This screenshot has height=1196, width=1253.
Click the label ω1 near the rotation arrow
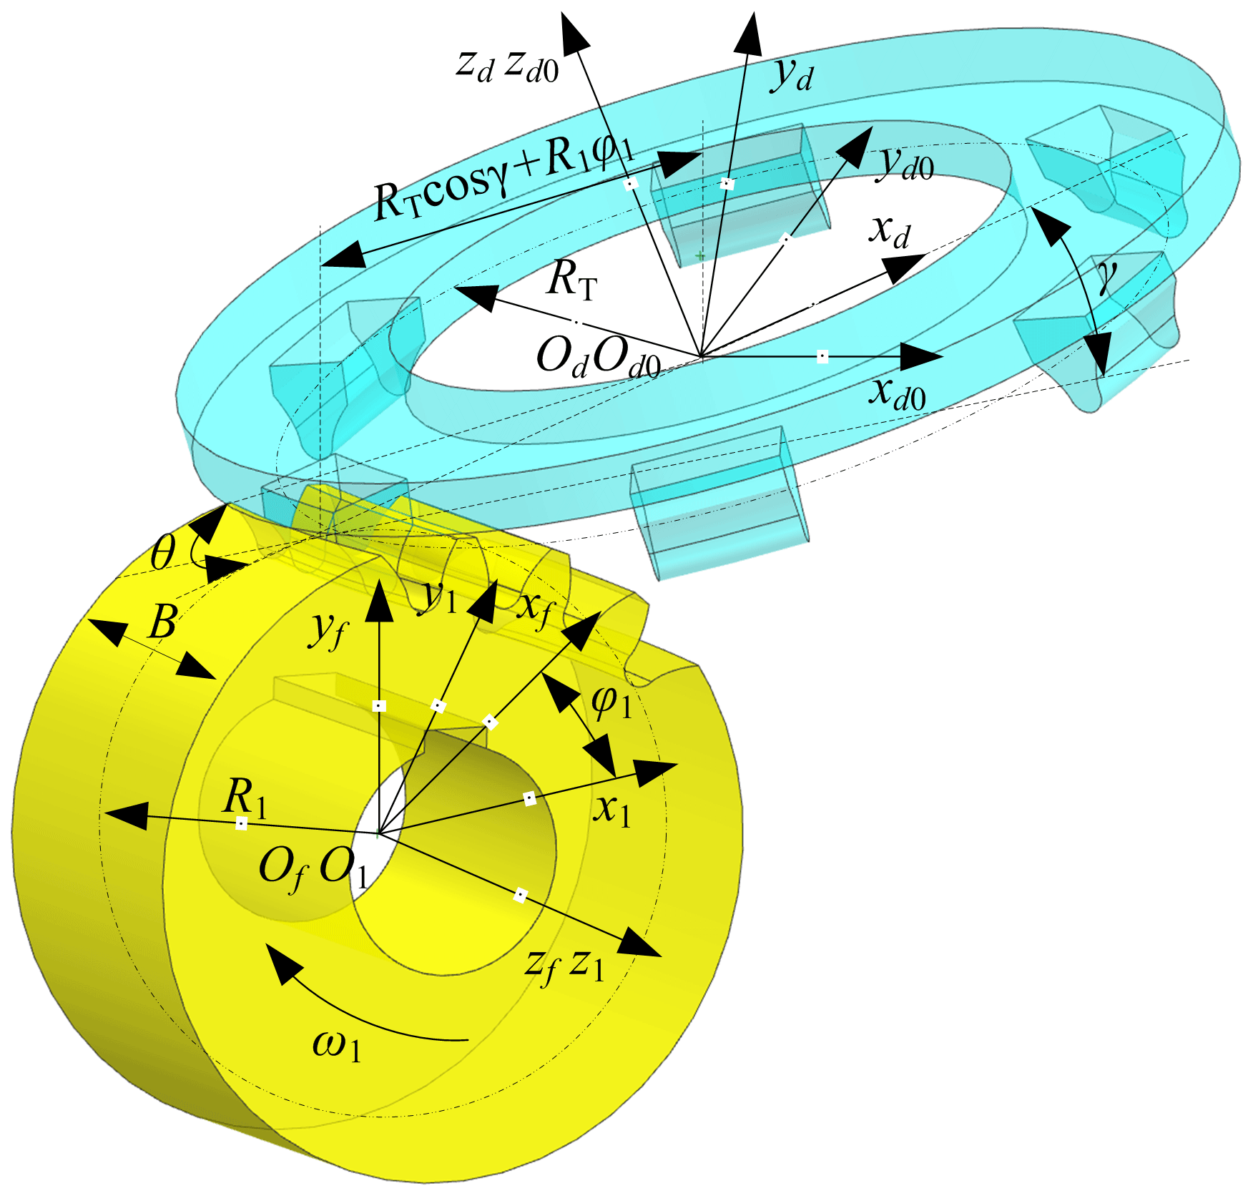pyautogui.click(x=337, y=1045)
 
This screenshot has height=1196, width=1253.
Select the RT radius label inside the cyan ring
pyautogui.click(x=571, y=280)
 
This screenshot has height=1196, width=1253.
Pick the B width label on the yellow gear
pyautogui.click(x=163, y=622)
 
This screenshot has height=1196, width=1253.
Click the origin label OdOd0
pyautogui.click(x=598, y=356)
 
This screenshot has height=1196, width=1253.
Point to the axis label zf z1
pyautogui.click(x=564, y=965)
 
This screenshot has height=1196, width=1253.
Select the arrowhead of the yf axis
pyautogui.click(x=379, y=602)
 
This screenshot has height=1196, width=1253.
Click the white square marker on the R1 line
pyautogui.click(x=242, y=823)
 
